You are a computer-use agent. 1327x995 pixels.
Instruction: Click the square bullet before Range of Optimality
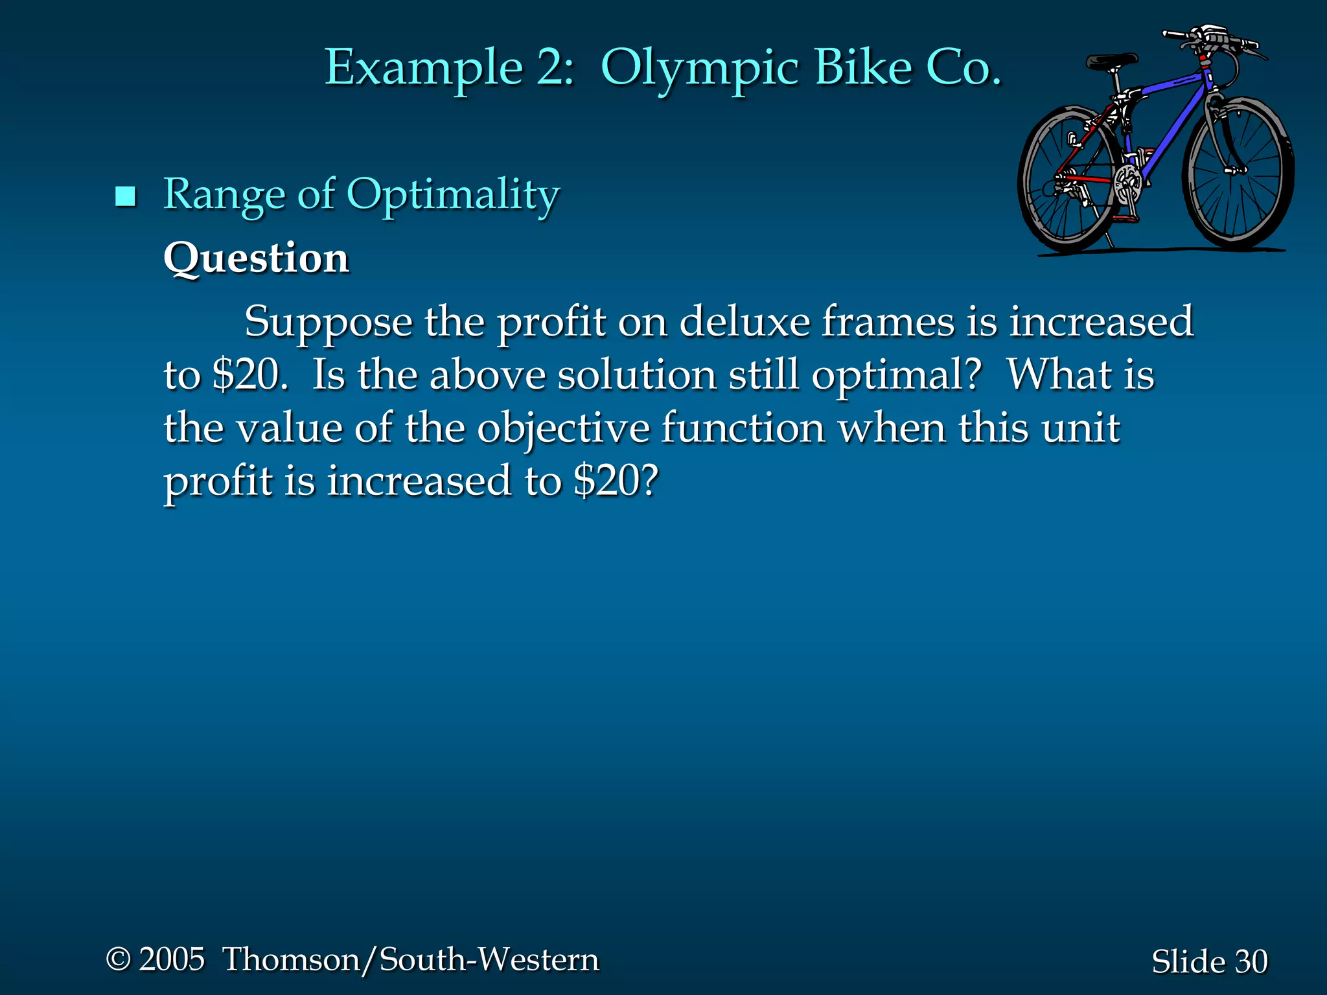(x=125, y=196)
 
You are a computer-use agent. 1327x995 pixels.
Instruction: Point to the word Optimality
(x=453, y=195)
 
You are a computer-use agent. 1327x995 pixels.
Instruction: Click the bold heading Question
(x=257, y=258)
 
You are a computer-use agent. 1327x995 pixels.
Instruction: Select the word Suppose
(x=328, y=322)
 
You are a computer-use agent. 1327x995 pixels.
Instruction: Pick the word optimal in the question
(x=896, y=376)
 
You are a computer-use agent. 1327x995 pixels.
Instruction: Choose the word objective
(x=563, y=429)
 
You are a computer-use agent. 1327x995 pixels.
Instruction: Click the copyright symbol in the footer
(x=118, y=959)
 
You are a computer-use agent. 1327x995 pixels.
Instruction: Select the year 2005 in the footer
(x=172, y=959)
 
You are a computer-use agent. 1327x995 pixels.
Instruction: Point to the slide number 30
(x=1251, y=961)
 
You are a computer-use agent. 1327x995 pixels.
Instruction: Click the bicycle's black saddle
(x=1112, y=62)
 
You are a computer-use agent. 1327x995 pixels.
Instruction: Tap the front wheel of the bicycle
(x=1239, y=174)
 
